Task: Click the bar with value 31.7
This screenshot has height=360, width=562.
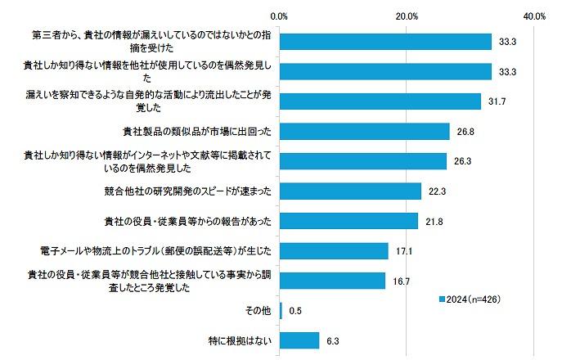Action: [380, 101]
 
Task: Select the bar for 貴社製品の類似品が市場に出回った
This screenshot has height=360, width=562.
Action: [365, 131]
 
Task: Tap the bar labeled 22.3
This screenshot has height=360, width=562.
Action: [350, 191]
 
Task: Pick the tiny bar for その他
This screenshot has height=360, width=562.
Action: [281, 310]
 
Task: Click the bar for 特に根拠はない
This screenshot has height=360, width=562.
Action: [299, 340]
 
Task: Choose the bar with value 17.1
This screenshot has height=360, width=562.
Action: [334, 250]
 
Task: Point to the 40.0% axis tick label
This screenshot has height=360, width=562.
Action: [535, 16]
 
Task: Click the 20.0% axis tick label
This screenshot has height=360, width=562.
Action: [407, 16]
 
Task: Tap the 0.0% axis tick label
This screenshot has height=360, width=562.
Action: [280, 16]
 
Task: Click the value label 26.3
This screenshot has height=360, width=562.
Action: [463, 161]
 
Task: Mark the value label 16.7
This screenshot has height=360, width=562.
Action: [402, 281]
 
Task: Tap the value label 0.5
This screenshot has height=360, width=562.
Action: [295, 310]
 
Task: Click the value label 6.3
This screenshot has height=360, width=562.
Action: [333, 340]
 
